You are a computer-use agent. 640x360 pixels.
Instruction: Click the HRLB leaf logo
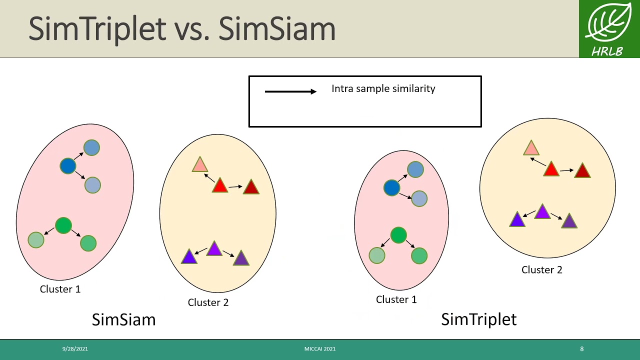tap(609, 28)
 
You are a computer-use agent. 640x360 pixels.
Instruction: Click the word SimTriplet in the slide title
tap(97, 29)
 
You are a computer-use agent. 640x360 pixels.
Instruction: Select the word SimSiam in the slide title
tap(276, 29)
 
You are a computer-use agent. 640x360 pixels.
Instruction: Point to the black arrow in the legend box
tap(290, 91)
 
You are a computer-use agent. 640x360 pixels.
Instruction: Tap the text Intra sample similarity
tap(383, 88)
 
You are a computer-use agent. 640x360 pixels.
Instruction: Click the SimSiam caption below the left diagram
tap(123, 319)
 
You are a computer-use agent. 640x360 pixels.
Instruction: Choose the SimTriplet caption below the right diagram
tap(478, 319)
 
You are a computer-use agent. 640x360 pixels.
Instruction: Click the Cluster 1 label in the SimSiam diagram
tap(60, 289)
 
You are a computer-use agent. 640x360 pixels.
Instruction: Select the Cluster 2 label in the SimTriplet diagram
tap(541, 270)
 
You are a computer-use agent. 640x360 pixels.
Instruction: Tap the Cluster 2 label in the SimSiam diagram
tap(208, 302)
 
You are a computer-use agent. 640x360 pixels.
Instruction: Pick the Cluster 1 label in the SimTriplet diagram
tap(396, 299)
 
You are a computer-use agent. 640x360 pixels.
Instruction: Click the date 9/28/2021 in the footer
tap(75, 349)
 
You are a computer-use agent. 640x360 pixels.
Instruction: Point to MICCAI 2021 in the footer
tap(320, 349)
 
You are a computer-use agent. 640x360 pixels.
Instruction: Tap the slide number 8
tap(581, 349)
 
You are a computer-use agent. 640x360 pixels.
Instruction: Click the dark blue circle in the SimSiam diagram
tap(68, 166)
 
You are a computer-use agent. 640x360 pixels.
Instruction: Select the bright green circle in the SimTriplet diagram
tap(398, 235)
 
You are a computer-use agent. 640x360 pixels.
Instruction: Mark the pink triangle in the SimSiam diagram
tap(199, 165)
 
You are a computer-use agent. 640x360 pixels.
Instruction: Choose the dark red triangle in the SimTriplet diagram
tap(582, 171)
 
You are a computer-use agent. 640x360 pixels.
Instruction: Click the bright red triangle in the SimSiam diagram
tap(220, 186)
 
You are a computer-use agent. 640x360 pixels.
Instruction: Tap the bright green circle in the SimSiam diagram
tap(63, 225)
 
